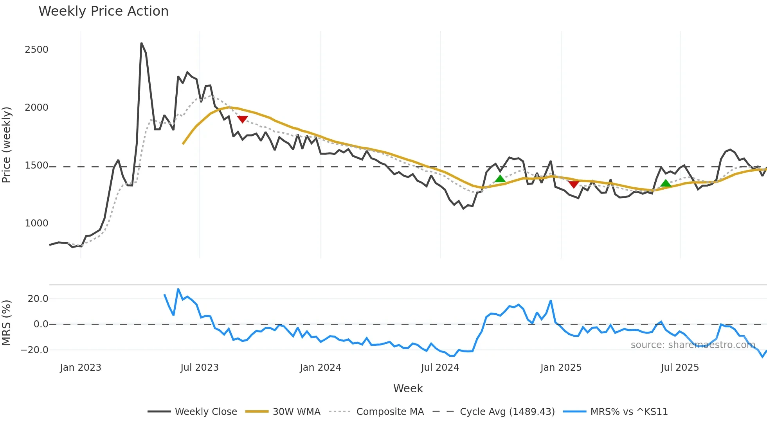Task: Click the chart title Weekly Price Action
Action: tap(103, 11)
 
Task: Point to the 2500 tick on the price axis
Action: tap(36, 50)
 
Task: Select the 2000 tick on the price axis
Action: tap(36, 108)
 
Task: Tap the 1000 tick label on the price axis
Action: tap(36, 223)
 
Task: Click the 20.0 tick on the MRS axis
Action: tap(38, 299)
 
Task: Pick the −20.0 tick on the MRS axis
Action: tap(34, 350)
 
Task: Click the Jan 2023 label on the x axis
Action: tap(81, 368)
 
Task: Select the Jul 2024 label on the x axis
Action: tap(440, 368)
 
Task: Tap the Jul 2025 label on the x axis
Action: tap(680, 368)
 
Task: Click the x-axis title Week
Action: tap(408, 388)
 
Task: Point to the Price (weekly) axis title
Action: tap(6, 145)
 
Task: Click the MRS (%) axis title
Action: tap(6, 323)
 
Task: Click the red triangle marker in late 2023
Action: tap(242, 119)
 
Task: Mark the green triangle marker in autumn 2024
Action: tap(500, 179)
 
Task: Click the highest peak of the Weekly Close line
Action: tap(141, 43)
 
